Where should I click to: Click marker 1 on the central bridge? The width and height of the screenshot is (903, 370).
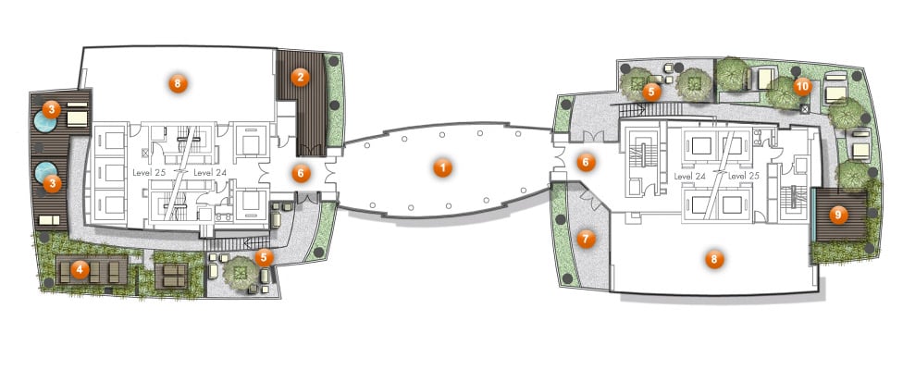(x=442, y=168)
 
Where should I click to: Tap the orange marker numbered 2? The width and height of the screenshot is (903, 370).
(x=300, y=77)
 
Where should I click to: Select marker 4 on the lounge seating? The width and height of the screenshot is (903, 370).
(x=80, y=268)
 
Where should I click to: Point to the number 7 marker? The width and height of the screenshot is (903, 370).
(x=586, y=239)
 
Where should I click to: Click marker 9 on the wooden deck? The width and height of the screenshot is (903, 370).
(x=838, y=216)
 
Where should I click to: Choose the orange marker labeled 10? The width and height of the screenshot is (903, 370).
(x=802, y=87)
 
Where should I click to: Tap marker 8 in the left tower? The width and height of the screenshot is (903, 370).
(x=178, y=84)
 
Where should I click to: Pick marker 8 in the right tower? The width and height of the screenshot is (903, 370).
(x=713, y=260)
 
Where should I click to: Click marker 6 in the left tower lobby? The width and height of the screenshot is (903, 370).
(x=301, y=173)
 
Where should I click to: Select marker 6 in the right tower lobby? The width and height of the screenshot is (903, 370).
(x=586, y=163)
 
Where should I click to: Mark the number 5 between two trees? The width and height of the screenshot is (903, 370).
(x=651, y=91)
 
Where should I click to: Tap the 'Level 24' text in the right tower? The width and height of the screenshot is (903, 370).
(x=690, y=176)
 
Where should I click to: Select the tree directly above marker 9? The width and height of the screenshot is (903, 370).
(x=853, y=174)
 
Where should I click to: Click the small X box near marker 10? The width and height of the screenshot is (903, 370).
(x=805, y=107)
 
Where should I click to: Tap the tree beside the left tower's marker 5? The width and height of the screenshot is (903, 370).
(x=241, y=272)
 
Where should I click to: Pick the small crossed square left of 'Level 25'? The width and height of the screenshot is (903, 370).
(x=144, y=153)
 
